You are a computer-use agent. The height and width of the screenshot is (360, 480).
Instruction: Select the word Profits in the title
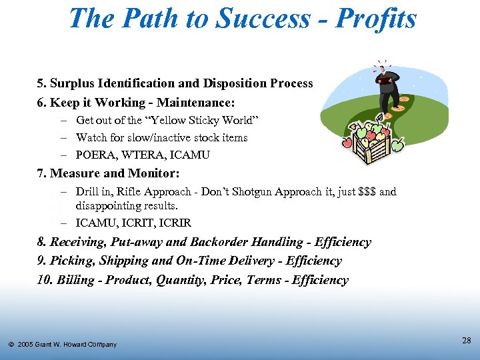376,19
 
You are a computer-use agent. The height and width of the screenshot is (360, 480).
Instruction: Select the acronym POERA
95,155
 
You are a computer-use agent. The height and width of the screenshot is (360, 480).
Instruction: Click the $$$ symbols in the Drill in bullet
367,192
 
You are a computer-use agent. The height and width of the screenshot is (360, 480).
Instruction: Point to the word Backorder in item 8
206,243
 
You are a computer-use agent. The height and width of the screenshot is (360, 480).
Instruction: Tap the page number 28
467,341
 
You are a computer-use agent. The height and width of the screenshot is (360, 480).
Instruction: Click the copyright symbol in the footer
11,345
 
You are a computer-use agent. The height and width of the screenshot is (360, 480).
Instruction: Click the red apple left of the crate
347,142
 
